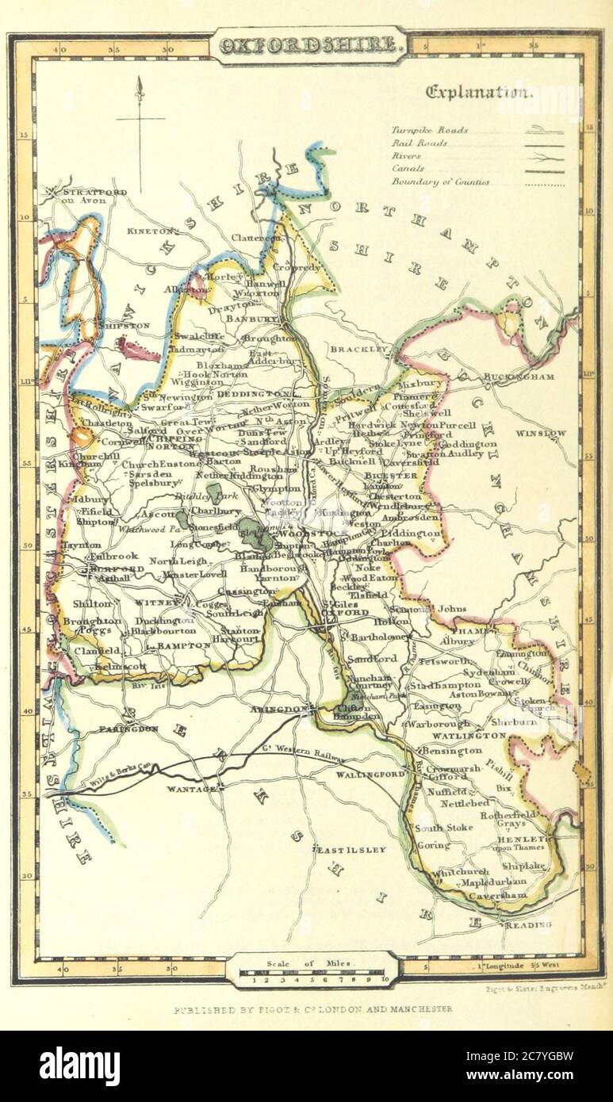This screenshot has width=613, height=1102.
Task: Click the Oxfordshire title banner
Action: pos(310,45)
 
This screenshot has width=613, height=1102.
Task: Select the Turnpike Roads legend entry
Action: pos(429,130)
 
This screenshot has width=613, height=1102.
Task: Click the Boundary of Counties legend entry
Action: pos(440,182)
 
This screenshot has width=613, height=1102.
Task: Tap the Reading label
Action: pos(528,924)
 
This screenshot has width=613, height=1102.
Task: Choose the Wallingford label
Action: pos(364,772)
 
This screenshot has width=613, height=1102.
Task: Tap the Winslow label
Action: pos(541,434)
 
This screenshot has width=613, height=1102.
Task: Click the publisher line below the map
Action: pos(313,1009)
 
